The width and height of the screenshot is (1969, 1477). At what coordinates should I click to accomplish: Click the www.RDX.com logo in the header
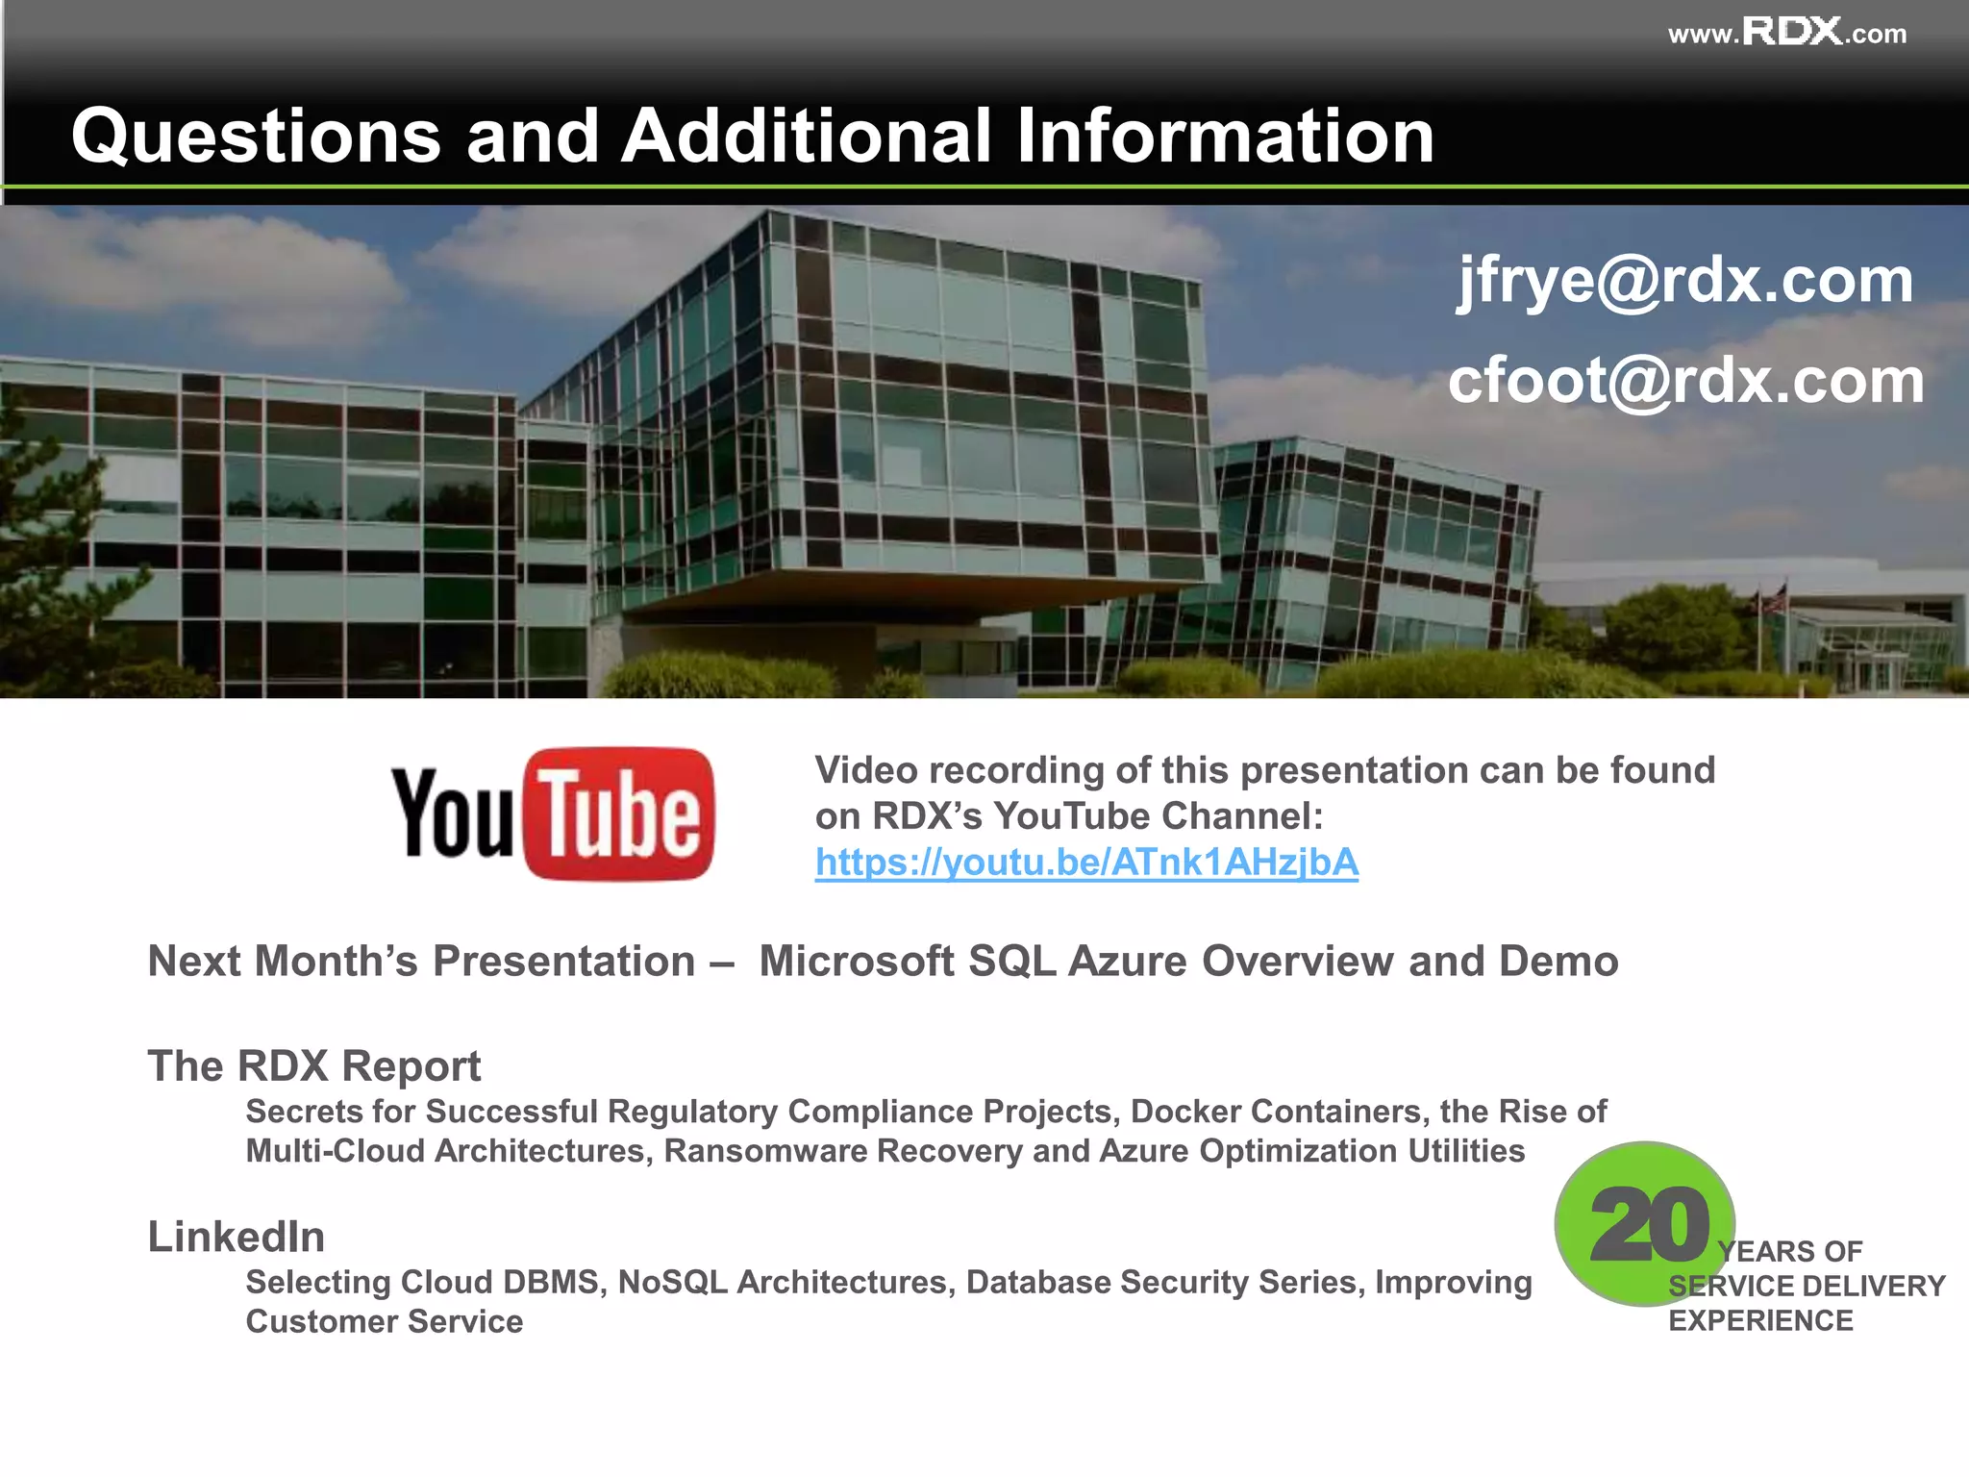[x=1786, y=33]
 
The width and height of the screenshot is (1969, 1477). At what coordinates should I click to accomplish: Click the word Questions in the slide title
[x=255, y=136]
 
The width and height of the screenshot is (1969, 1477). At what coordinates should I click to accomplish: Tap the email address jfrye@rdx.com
[x=1684, y=281]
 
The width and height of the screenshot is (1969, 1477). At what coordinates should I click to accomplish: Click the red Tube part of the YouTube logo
[x=620, y=814]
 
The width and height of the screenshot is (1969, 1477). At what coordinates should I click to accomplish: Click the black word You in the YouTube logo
[x=452, y=814]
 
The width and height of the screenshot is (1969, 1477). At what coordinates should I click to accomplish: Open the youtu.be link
[x=1086, y=863]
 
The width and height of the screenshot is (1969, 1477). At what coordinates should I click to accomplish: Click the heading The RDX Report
[x=313, y=1065]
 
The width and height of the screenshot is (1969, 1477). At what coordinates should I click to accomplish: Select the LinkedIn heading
[x=236, y=1237]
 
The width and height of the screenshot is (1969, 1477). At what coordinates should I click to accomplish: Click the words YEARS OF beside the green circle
[x=1790, y=1251]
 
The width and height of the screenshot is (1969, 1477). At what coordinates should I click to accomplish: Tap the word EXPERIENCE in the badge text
[x=1759, y=1320]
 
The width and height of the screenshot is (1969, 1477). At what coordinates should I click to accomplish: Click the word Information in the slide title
[x=1224, y=136]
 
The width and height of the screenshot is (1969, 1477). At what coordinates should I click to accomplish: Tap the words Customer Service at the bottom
[x=384, y=1321]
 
